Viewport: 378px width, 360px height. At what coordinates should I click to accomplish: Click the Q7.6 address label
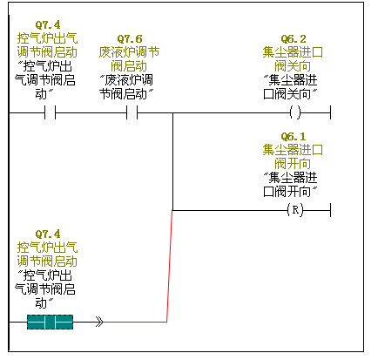pyautogui.click(x=130, y=38)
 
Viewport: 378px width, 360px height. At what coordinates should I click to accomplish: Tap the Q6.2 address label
pyautogui.click(x=294, y=38)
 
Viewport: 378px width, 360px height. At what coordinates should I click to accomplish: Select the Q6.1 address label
pyautogui.click(x=294, y=136)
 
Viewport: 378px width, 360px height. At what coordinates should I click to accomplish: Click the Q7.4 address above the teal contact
pyautogui.click(x=48, y=234)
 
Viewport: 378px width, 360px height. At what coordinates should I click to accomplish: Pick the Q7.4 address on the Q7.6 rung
pyautogui.click(x=48, y=24)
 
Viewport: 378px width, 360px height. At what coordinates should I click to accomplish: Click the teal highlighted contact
pyautogui.click(x=50, y=322)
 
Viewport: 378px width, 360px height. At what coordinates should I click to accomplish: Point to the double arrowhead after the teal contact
pyautogui.click(x=99, y=322)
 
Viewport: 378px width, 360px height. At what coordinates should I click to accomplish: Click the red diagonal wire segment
pyautogui.click(x=170, y=266)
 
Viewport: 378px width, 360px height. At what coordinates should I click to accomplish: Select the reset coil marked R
pyautogui.click(x=295, y=210)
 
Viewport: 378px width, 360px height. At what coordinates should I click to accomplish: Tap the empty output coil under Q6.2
pyautogui.click(x=295, y=112)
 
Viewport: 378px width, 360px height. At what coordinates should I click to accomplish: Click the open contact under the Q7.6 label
pyautogui.click(x=132, y=112)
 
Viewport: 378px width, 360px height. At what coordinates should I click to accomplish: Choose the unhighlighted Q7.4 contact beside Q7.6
pyautogui.click(x=50, y=112)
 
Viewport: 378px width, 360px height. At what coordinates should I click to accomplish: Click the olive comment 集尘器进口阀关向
pyautogui.click(x=293, y=59)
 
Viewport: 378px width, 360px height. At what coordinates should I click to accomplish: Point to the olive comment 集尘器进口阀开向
pyautogui.click(x=293, y=157)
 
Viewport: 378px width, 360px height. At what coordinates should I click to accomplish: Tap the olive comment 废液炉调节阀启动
pyautogui.click(x=129, y=59)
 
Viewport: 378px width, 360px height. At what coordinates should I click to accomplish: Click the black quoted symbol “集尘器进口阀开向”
pyautogui.click(x=290, y=185)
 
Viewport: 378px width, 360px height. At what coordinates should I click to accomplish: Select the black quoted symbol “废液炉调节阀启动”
pyautogui.click(x=126, y=87)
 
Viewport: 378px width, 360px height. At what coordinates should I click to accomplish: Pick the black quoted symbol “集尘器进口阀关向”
pyautogui.click(x=290, y=87)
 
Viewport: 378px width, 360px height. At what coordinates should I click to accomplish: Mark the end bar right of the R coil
pyautogui.click(x=330, y=210)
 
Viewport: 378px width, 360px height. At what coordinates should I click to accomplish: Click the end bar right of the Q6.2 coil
pyautogui.click(x=330, y=112)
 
